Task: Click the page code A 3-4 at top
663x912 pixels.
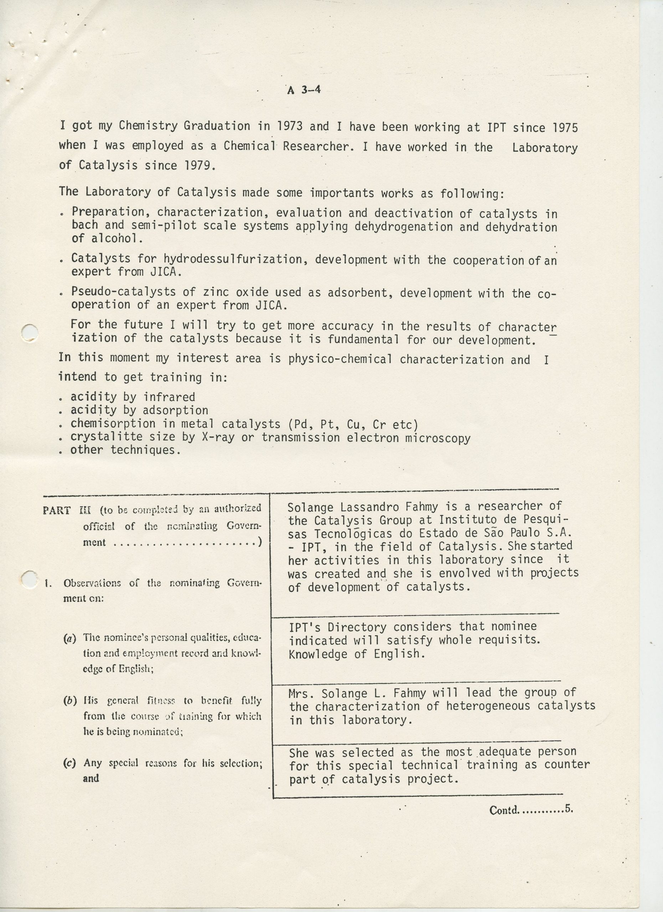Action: point(304,90)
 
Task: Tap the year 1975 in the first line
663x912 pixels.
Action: point(565,128)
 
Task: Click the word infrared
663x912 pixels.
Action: point(169,397)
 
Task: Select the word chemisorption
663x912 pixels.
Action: point(113,424)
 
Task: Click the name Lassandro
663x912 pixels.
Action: point(369,507)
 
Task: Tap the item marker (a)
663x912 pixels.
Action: point(70,638)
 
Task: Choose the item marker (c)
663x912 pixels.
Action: point(70,763)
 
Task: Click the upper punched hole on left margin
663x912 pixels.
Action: point(29,332)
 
